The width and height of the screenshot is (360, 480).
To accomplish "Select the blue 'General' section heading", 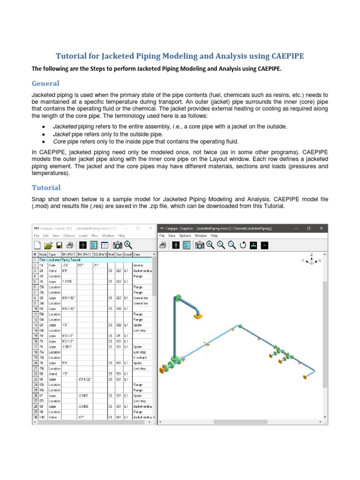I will point(45,83).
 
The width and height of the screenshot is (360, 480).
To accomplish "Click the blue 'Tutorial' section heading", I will point(46,187).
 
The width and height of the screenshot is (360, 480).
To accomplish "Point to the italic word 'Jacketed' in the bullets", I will point(65,127).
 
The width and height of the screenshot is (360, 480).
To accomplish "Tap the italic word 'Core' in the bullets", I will point(59,141).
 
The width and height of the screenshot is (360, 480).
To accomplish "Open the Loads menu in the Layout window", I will point(83,235).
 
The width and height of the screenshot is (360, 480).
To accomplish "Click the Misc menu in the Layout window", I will point(95,235).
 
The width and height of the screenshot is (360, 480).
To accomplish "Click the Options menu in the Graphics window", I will point(185,235).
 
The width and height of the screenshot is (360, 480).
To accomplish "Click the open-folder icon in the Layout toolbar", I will point(48,245).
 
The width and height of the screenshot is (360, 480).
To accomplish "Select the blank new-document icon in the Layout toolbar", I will point(37,245).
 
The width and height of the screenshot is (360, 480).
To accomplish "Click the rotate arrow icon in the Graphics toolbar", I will point(243,245).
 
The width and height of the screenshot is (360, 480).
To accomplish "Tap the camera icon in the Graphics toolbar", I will point(200,245).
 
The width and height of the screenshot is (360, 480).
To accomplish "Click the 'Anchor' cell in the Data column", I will point(139,265).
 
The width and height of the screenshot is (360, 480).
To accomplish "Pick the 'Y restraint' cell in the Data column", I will point(141,357).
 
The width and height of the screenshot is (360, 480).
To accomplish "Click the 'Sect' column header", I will point(120,254).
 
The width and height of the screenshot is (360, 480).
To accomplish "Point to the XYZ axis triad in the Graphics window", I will point(311,260).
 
